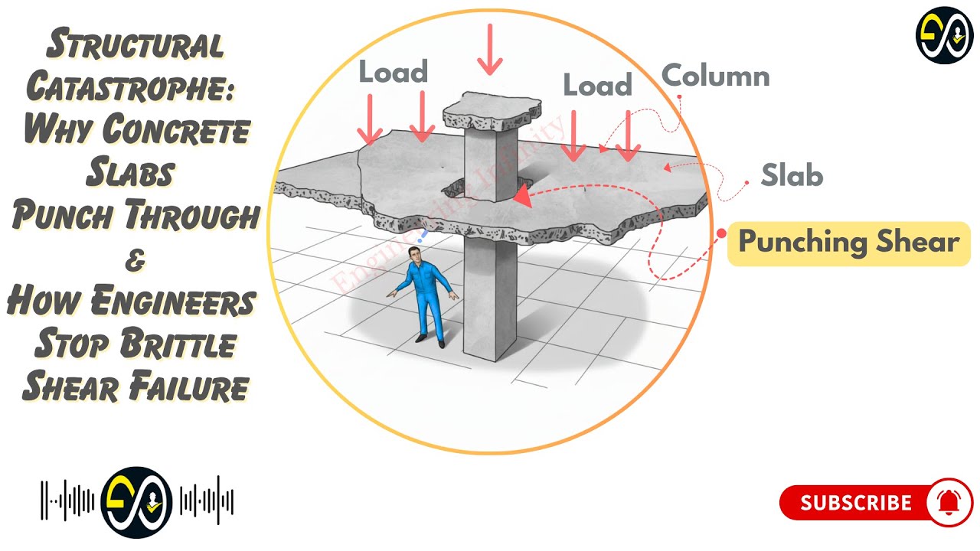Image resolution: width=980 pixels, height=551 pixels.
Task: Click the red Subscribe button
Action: pyautogui.click(x=856, y=503)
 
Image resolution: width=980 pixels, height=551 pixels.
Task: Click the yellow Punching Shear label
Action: pyautogui.click(x=848, y=243)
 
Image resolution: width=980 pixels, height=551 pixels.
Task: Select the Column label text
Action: pyautogui.click(x=715, y=77)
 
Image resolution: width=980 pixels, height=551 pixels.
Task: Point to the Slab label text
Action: pyautogui.click(x=792, y=176)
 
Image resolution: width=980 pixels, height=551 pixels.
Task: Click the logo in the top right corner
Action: pyautogui.click(x=944, y=35)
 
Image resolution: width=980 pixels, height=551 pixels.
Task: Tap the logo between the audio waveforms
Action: pyautogui.click(x=136, y=503)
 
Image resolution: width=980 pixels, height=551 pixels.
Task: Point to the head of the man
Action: pyautogui.click(x=414, y=256)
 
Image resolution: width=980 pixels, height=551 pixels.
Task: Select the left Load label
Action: pyautogui.click(x=393, y=73)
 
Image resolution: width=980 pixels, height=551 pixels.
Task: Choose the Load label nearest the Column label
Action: pyautogui.click(x=597, y=85)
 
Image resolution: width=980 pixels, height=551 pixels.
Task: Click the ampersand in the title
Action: pyautogui.click(x=135, y=261)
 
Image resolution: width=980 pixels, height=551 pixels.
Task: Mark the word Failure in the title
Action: pyautogui.click(x=188, y=388)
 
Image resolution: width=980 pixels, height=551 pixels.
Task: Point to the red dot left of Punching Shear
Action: pyautogui.click(x=720, y=233)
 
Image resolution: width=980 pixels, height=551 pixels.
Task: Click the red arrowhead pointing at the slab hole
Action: pyautogui.click(x=522, y=197)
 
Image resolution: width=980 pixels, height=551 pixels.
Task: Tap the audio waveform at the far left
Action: pyautogui.click(x=67, y=503)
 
